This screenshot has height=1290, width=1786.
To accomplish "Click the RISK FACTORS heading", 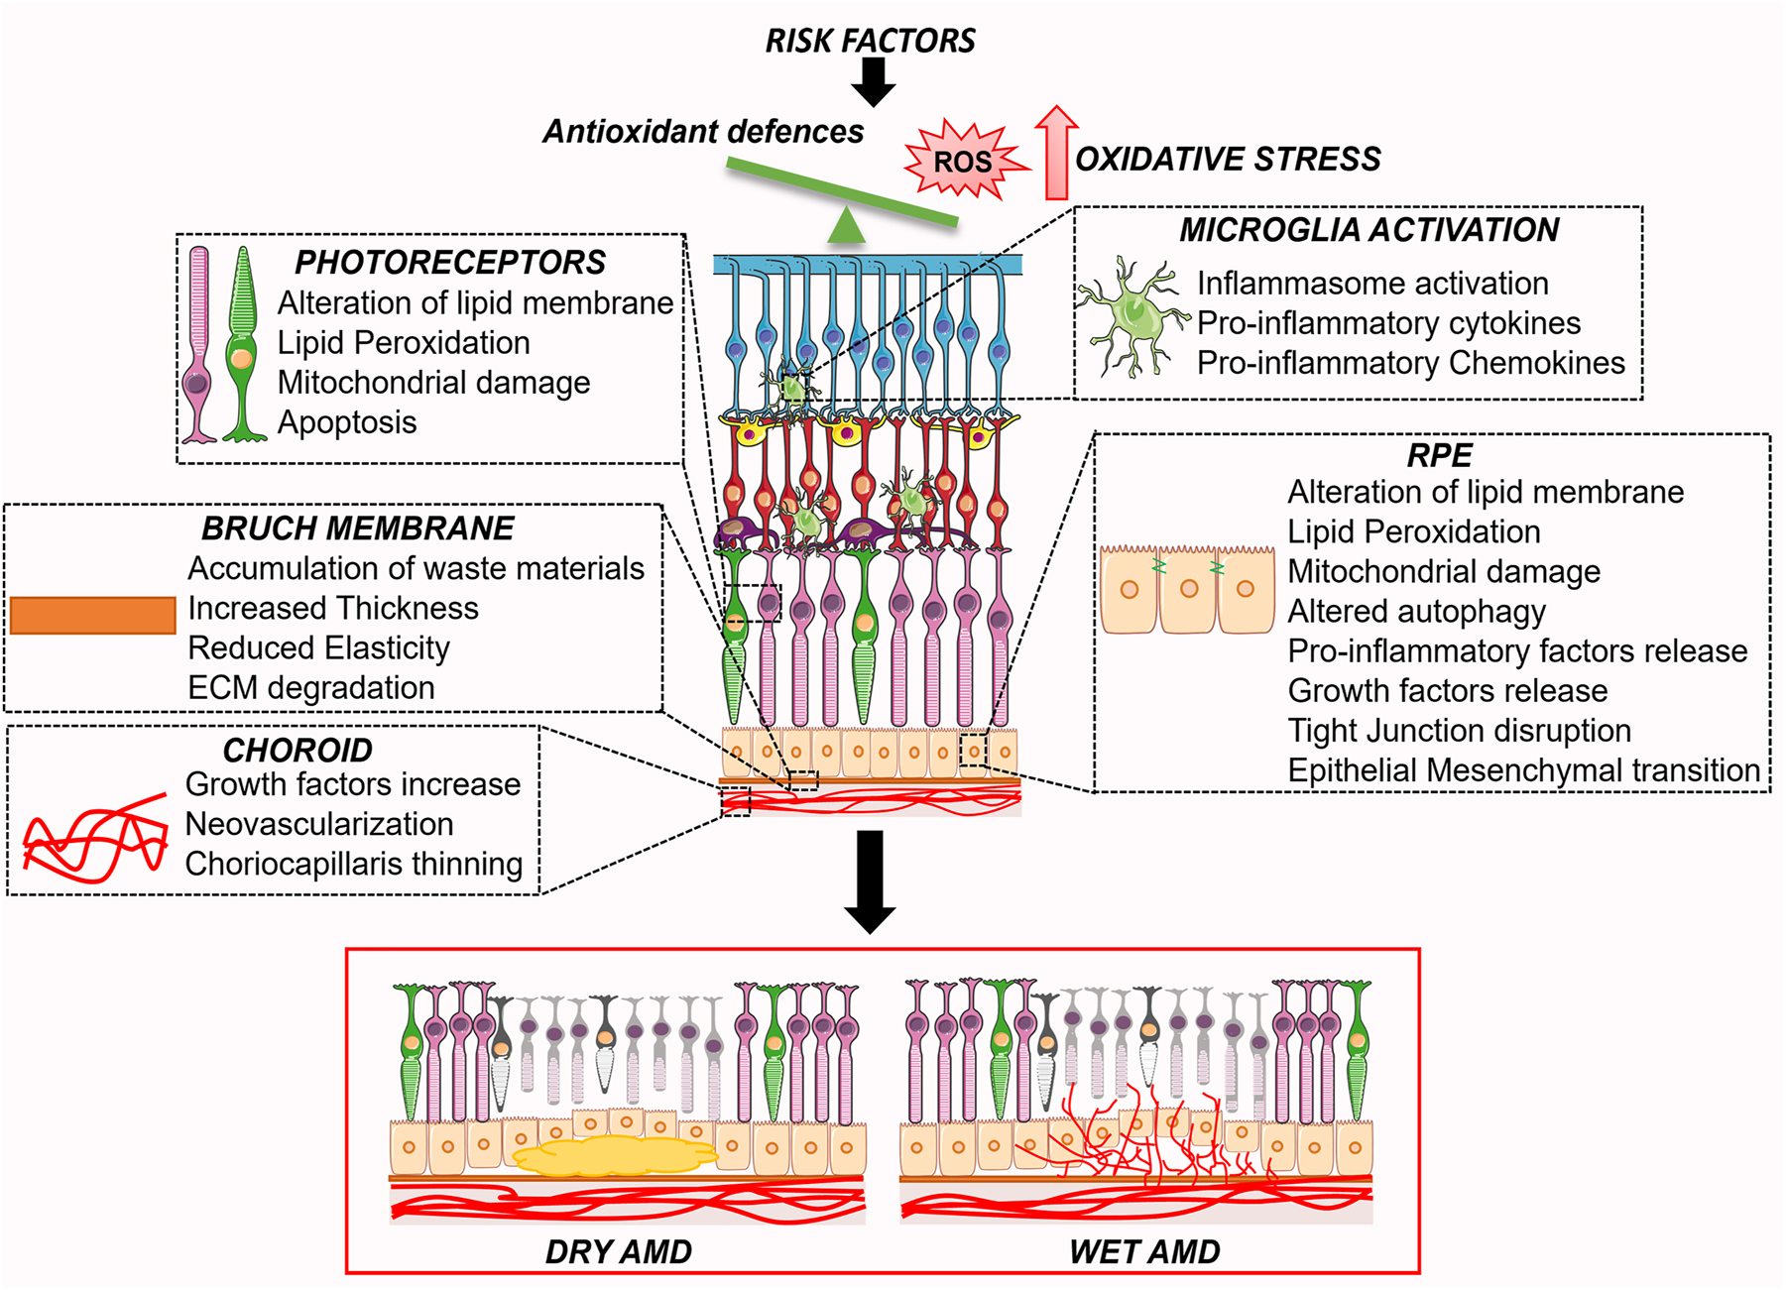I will [x=870, y=41].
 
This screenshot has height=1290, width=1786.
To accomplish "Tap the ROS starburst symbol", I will [x=962, y=162].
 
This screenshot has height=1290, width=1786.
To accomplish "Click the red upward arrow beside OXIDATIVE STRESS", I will [x=1056, y=154].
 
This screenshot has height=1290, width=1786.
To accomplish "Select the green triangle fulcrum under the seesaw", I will [x=846, y=226].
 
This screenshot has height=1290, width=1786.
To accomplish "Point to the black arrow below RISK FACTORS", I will [x=874, y=82].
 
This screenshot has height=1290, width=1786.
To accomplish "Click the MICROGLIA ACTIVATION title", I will [x=1369, y=230].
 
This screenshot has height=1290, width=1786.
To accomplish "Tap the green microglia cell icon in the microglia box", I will [x=1133, y=317].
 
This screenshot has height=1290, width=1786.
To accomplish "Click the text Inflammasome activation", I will [x=1371, y=284].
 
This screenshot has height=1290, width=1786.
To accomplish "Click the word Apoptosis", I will [x=346, y=422].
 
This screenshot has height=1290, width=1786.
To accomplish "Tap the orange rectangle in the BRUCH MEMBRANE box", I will [x=92, y=615].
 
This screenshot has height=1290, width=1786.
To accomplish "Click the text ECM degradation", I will [x=310, y=687].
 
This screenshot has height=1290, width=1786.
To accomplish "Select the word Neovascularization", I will [x=318, y=824].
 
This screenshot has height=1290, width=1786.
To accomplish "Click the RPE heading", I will [x=1439, y=455].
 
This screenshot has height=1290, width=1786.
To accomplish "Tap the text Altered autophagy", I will [x=1416, y=612].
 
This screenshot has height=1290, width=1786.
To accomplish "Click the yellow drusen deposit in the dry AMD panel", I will [x=615, y=1156].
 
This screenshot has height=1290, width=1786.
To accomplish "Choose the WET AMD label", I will [x=1143, y=1251].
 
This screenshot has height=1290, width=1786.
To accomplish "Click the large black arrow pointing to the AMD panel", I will [x=870, y=881].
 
